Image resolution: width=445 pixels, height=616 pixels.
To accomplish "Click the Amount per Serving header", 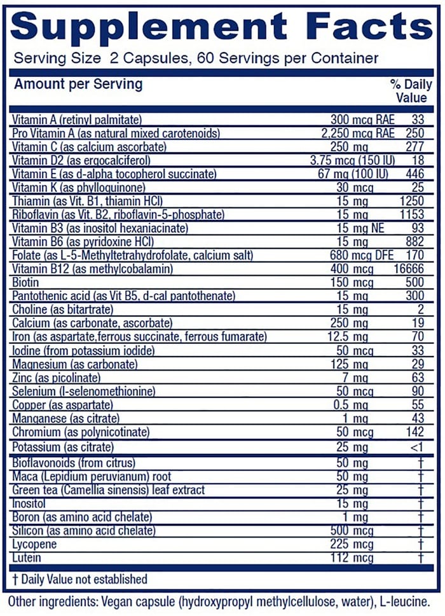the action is pyautogui.click(x=78, y=84).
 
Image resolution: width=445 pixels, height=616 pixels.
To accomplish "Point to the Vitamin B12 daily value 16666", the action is pyautogui.click(x=409, y=270).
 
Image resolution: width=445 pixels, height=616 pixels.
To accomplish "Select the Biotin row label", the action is pyautogui.click(x=25, y=283).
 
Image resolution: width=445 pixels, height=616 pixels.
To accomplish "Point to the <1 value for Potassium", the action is pyautogui.click(x=416, y=447).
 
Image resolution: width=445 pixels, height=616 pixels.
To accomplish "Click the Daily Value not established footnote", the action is pyautogui.click(x=79, y=579).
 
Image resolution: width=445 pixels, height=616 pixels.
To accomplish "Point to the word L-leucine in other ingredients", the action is pyautogui.click(x=413, y=600).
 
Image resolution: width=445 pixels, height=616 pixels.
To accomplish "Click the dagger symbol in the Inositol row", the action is pyautogui.click(x=420, y=503).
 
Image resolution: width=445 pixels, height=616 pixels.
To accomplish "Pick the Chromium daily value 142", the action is pyautogui.click(x=414, y=433).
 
